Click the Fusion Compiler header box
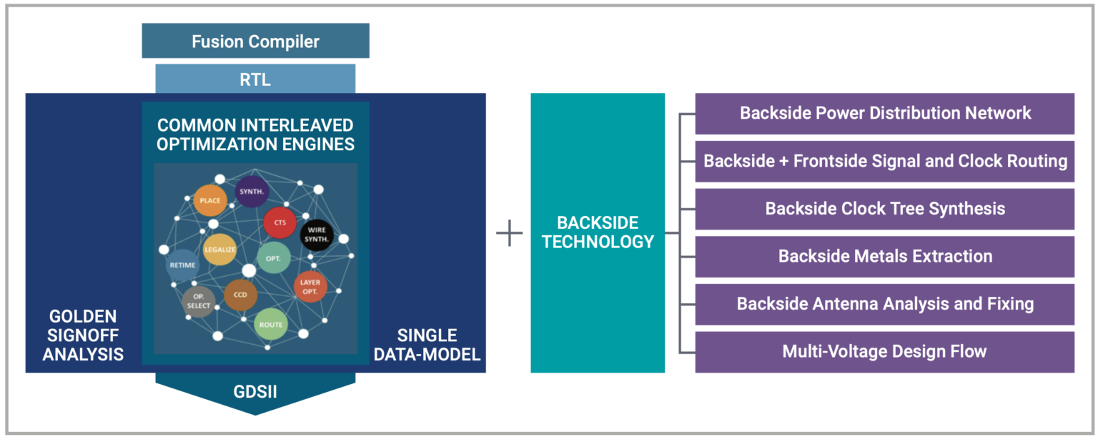click(255, 41)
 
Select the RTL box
click(255, 79)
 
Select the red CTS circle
click(280, 222)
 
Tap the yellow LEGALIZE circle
click(219, 250)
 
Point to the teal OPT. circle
click(273, 257)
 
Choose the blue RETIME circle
click(182, 265)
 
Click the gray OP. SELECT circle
click(199, 302)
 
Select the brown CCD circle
click(240, 295)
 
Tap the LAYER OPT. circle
click(310, 287)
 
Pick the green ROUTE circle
click(271, 325)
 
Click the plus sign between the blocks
click(509, 233)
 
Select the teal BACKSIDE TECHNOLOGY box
click(598, 232)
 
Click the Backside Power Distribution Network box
click(884, 113)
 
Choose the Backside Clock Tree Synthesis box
click(884, 209)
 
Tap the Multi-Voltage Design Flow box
click(884, 351)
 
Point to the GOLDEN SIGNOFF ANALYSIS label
click(83, 335)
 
